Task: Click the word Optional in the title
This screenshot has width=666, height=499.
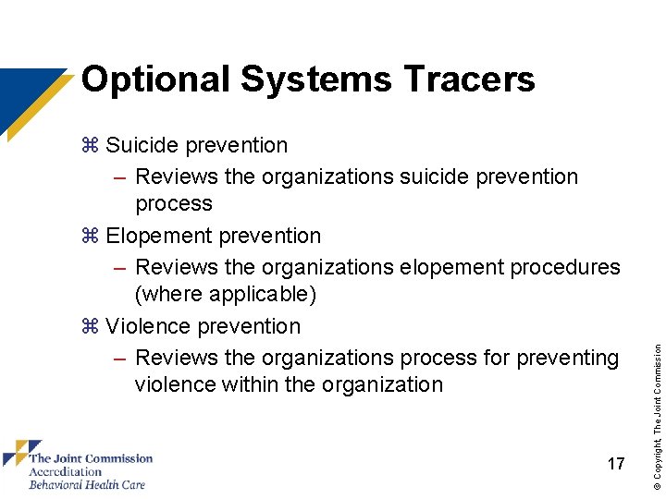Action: click(155, 79)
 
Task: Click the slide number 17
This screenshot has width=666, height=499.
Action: click(616, 464)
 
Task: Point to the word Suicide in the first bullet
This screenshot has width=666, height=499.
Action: click(143, 145)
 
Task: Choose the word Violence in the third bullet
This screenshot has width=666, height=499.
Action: click(148, 326)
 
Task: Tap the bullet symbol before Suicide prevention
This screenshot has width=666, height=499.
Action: click(90, 145)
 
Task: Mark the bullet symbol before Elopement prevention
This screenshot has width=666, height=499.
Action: click(90, 236)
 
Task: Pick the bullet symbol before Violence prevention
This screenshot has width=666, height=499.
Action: click(90, 326)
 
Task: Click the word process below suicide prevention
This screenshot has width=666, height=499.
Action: click(174, 203)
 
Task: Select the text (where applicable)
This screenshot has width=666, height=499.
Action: click(226, 294)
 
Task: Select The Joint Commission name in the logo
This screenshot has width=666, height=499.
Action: click(91, 458)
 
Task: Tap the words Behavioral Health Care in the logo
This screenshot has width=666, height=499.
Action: click(87, 484)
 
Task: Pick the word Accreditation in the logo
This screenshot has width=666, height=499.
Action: click(65, 471)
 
